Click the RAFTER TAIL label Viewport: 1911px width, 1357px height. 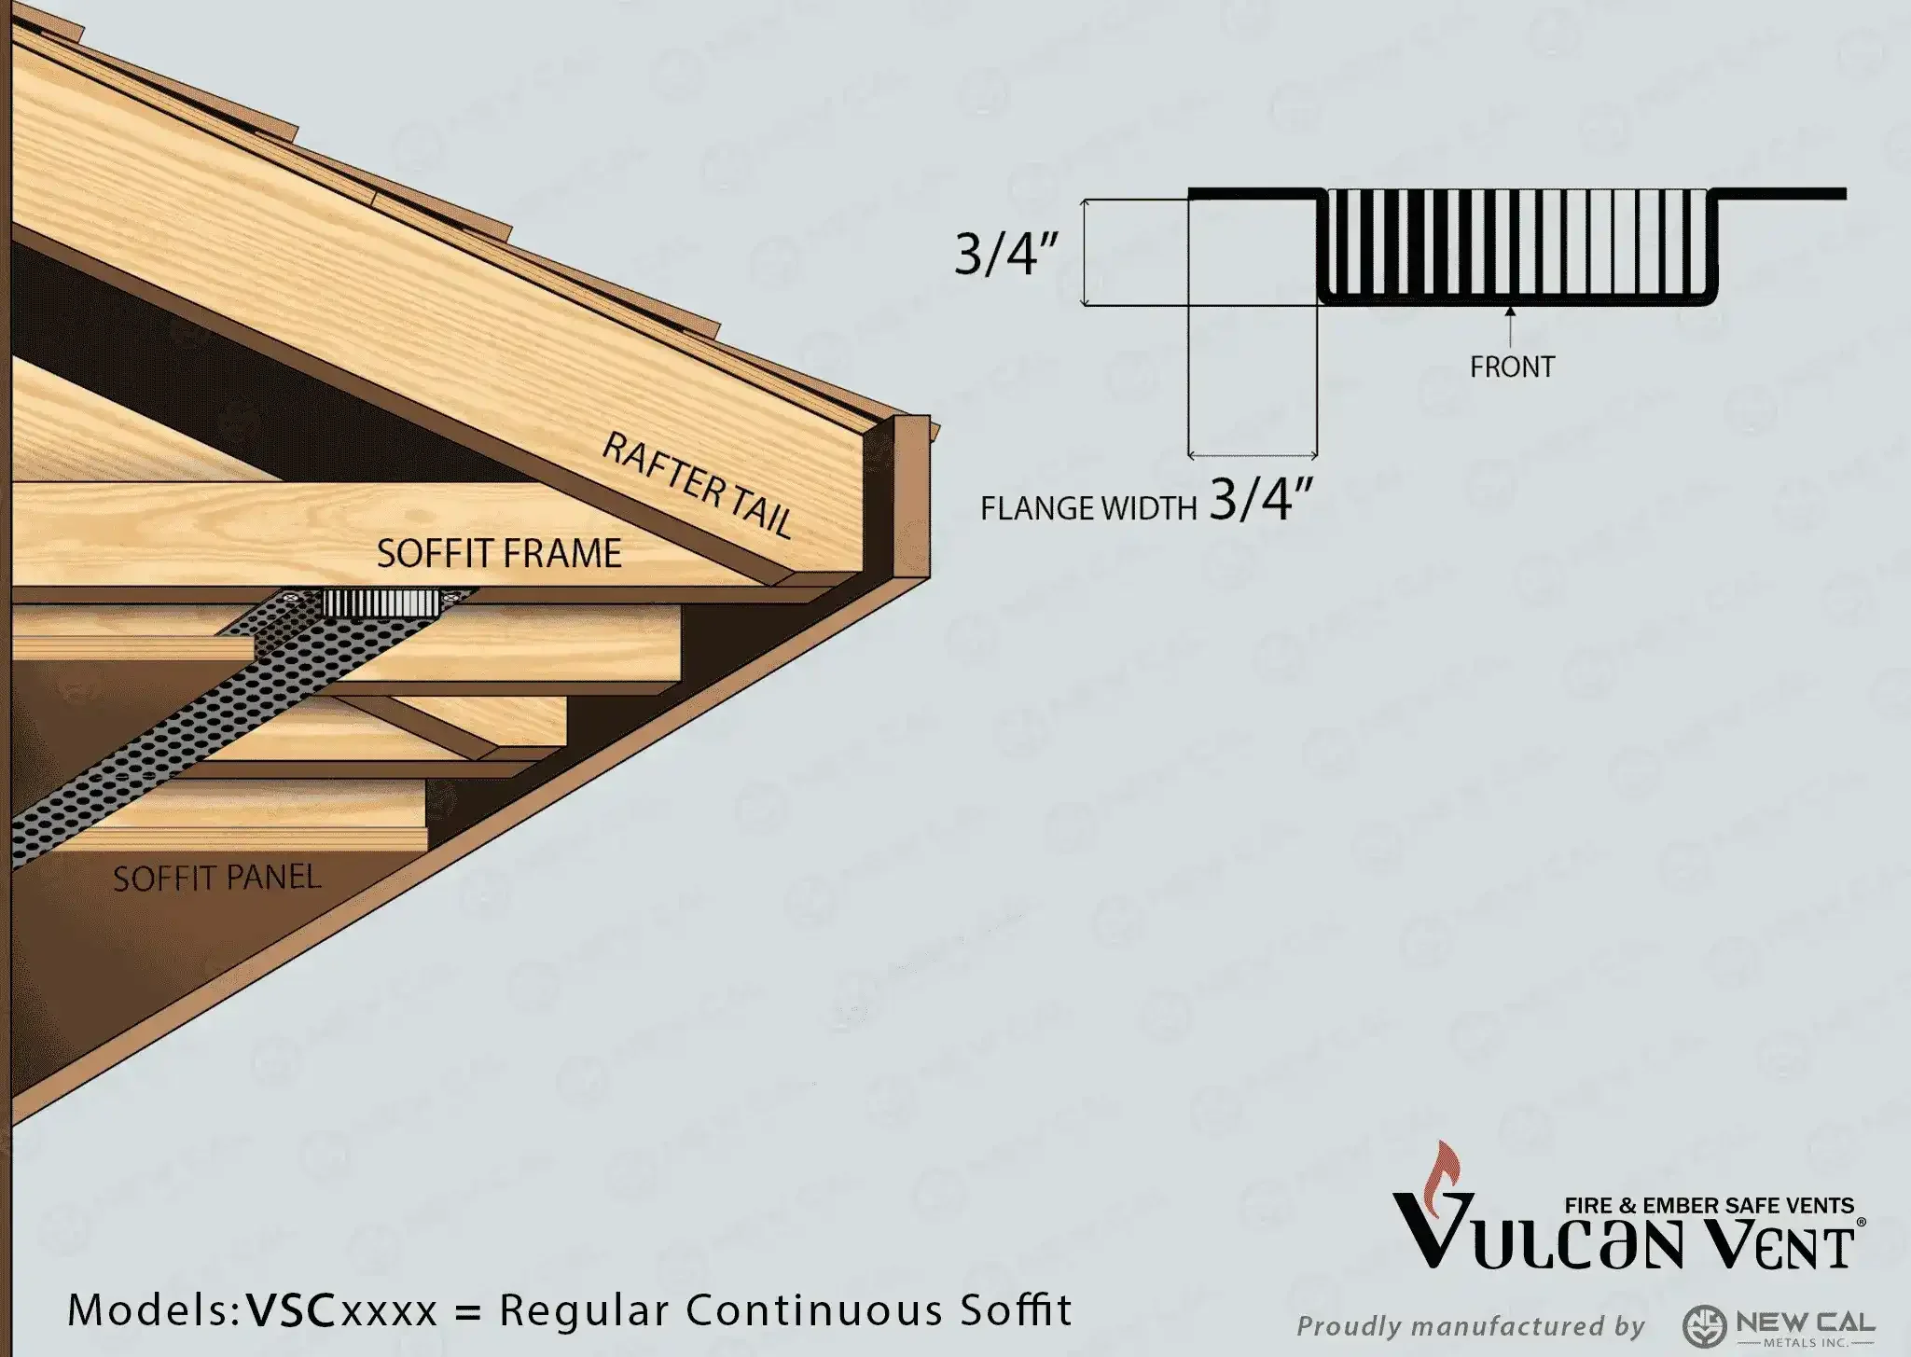pyautogui.click(x=698, y=484)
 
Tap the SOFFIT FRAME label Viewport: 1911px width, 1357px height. pyautogui.click(x=498, y=553)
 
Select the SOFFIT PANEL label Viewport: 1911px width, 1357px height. pyautogui.click(x=216, y=878)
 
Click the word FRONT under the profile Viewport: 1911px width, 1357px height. pyautogui.click(x=1512, y=367)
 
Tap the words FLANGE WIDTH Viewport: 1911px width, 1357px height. pyautogui.click(x=1087, y=508)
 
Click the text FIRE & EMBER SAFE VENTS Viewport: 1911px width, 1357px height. pyautogui.click(x=1709, y=1205)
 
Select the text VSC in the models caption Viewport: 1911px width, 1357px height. pyautogui.click(x=290, y=1310)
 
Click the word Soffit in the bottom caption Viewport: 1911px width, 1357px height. pyautogui.click(x=1018, y=1310)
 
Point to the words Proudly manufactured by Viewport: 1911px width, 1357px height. pyautogui.click(x=1471, y=1325)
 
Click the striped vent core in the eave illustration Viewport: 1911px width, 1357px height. pyautogui.click(x=381, y=603)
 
